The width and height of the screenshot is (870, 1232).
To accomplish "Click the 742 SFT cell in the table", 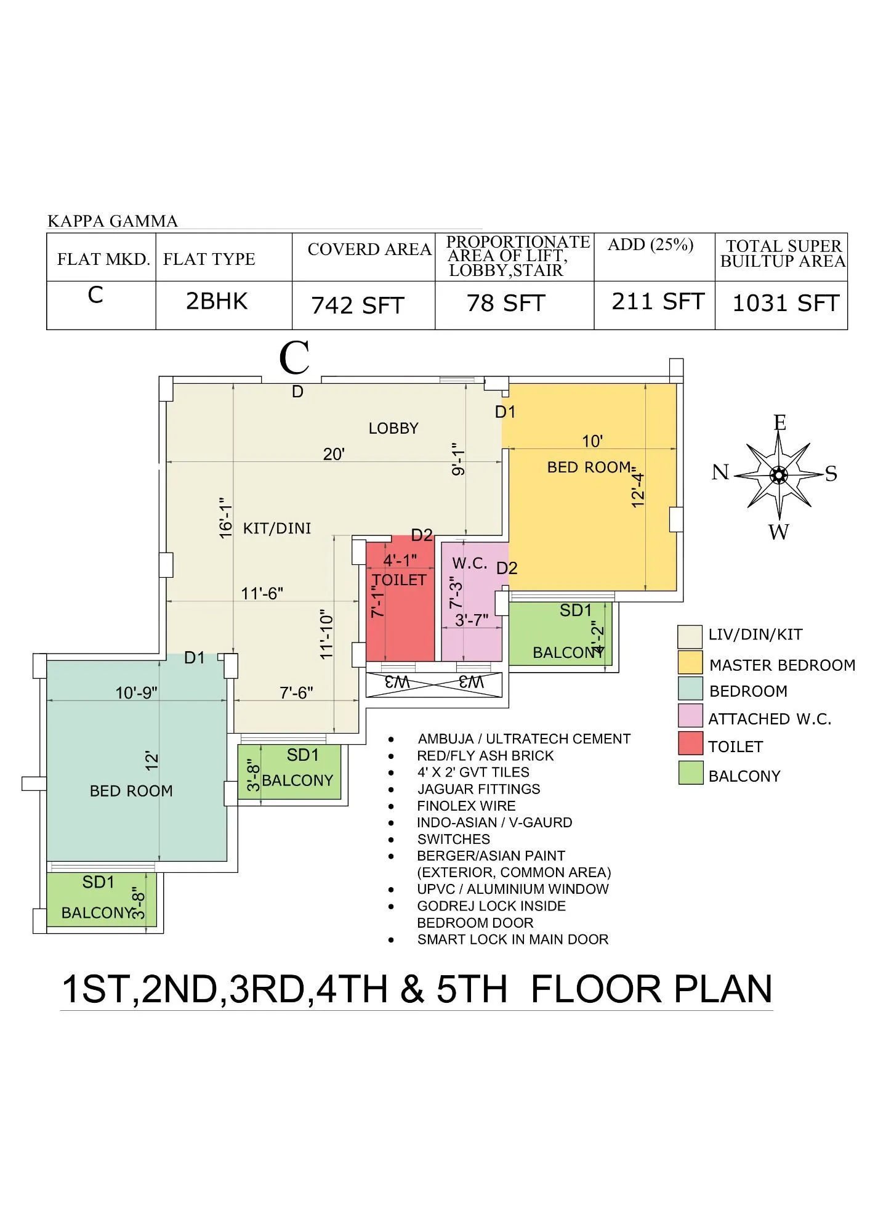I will coord(357,305).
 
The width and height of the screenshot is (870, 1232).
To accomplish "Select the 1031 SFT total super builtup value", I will coord(785,303).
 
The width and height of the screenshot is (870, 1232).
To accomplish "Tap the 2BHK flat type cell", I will coord(217,301).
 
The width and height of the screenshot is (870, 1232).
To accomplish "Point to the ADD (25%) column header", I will coord(650,245).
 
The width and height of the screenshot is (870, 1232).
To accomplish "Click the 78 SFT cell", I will coord(505,303).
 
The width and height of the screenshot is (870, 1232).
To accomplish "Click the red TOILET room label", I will coord(399,580).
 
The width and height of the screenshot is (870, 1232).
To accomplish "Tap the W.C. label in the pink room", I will coord(470,563).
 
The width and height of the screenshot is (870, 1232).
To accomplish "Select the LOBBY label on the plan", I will coord(393,428).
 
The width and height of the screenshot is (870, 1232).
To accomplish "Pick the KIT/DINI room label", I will coord(277,528).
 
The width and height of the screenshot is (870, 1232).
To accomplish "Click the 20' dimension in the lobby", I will coord(334,454).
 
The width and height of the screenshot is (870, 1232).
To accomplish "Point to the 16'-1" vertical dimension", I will coord(227,518).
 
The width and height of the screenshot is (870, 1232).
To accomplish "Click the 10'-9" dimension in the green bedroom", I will coord(136,693).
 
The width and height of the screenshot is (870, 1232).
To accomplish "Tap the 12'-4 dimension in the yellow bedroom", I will coord(638,490).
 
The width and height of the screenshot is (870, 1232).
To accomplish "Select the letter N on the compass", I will coord(720,472).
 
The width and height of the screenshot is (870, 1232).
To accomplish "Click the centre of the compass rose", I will coord(779,474).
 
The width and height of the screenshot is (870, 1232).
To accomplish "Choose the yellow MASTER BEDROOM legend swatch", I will coord(690,662).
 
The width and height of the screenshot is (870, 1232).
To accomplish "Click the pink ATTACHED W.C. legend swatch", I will coord(690,716).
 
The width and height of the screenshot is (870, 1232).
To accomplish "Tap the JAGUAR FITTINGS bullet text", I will coord(478,789).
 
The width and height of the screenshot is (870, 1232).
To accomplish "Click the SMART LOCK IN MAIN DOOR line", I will coord(512,939).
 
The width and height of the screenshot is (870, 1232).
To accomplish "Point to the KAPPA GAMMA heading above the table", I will coord(113,221).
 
